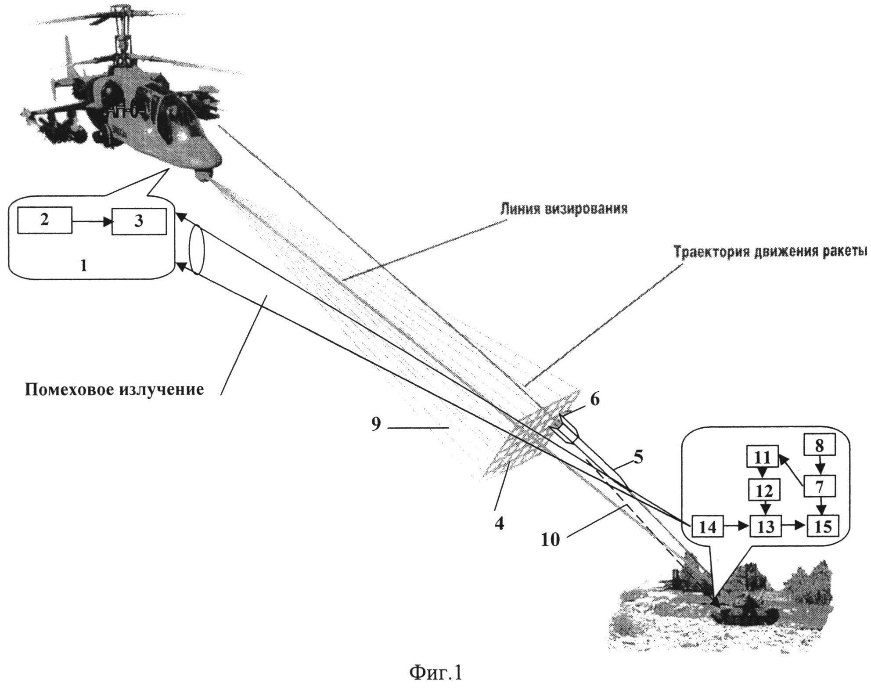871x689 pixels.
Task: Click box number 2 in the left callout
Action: click(x=44, y=220)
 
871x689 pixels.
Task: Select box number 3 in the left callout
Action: click(x=139, y=221)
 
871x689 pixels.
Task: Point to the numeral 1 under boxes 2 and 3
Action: click(x=84, y=265)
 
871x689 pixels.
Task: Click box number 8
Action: click(x=819, y=446)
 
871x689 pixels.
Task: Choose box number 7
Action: click(x=819, y=486)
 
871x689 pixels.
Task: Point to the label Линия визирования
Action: click(x=564, y=209)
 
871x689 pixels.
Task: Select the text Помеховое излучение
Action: click(x=114, y=390)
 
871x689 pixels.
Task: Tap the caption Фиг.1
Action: click(x=435, y=672)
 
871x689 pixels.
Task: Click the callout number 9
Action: click(x=376, y=424)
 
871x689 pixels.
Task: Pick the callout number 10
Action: click(x=551, y=539)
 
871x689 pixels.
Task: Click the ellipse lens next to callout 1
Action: click(x=197, y=250)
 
